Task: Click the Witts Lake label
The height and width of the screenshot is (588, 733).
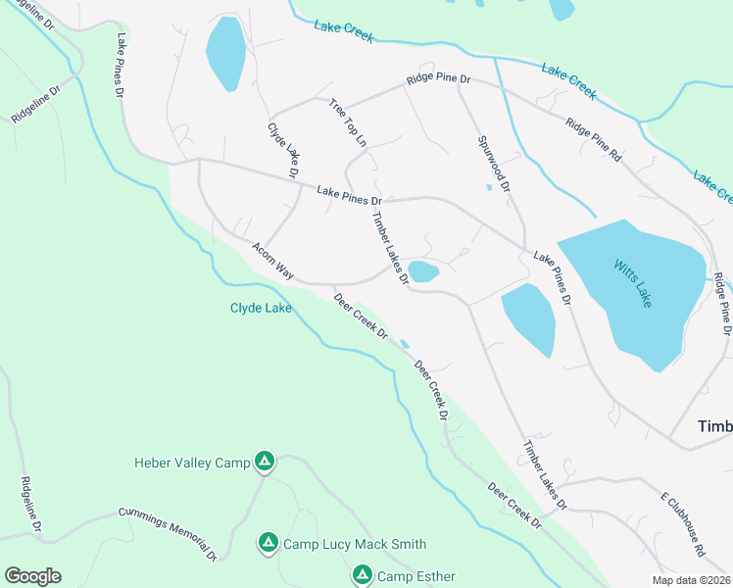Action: (x=632, y=283)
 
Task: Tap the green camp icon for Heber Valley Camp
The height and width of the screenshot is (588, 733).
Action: (x=264, y=461)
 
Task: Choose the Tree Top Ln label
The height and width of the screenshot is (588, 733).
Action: (x=348, y=123)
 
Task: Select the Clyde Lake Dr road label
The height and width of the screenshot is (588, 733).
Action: (x=283, y=150)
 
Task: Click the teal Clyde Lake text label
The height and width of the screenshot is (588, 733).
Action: (x=260, y=308)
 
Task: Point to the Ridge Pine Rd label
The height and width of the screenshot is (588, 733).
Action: (x=593, y=140)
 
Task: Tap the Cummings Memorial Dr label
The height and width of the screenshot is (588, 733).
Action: (x=168, y=534)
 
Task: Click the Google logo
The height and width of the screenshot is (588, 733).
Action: (x=32, y=576)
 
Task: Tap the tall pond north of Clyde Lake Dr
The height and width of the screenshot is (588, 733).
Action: (x=225, y=53)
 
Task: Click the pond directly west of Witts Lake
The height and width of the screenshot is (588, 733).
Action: (x=529, y=319)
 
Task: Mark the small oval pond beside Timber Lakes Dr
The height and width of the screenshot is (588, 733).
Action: (x=422, y=271)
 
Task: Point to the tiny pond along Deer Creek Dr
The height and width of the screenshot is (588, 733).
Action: (x=405, y=343)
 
